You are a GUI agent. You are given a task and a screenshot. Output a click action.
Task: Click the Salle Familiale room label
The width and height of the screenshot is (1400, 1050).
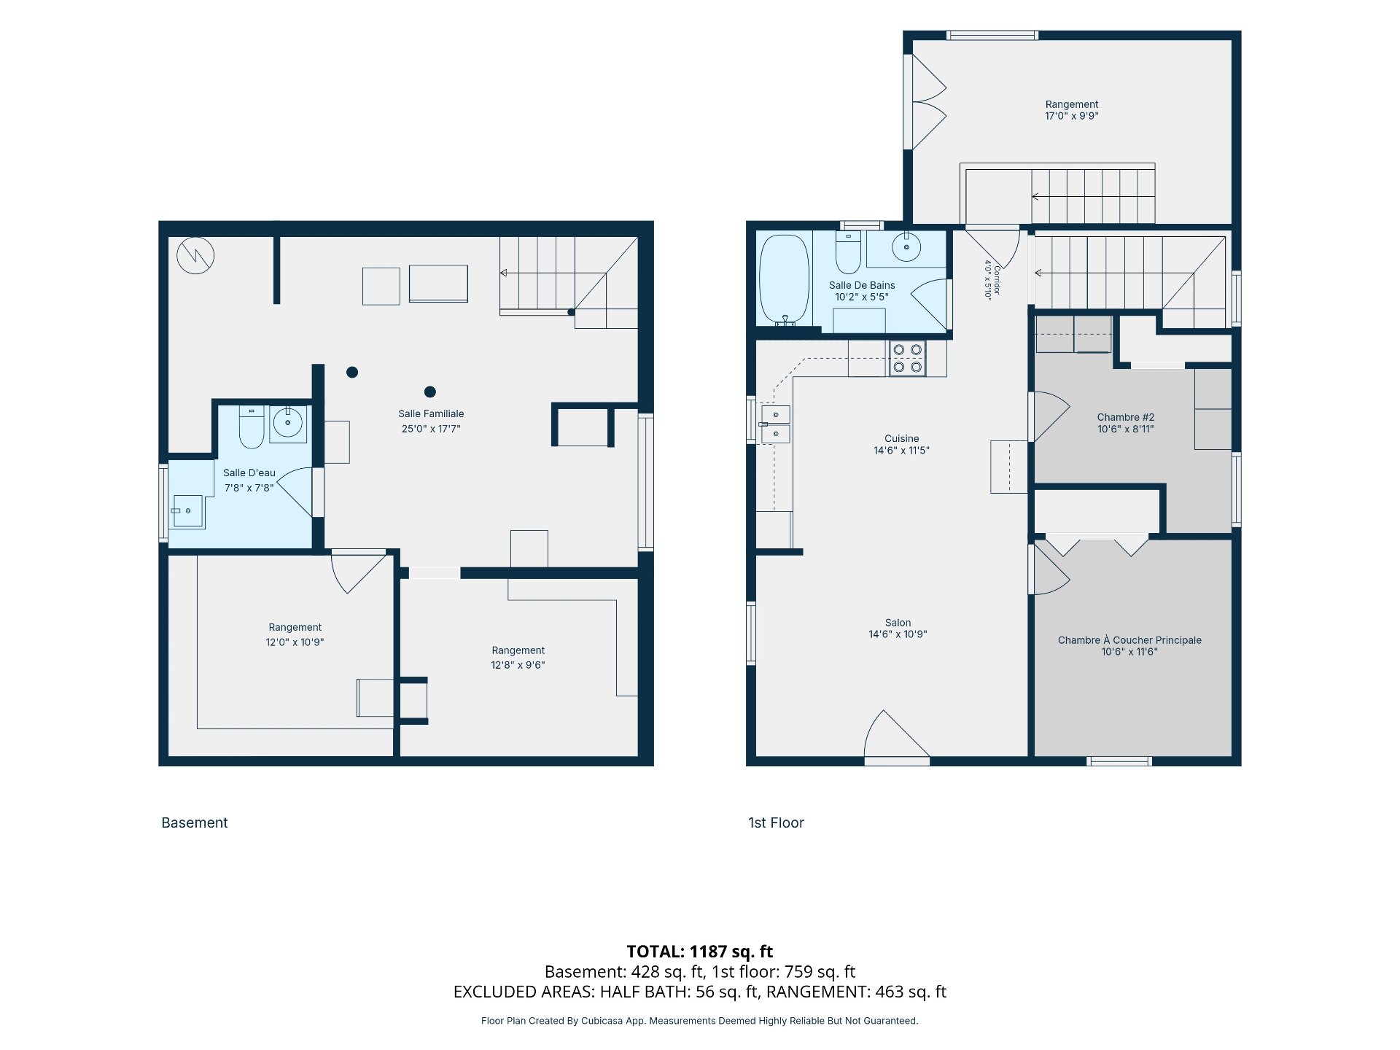pos(431,413)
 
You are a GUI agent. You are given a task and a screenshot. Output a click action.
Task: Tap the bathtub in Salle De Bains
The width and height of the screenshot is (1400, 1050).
pos(785,279)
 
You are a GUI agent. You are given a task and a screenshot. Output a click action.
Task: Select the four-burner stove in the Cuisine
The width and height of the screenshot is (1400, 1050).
pos(907,359)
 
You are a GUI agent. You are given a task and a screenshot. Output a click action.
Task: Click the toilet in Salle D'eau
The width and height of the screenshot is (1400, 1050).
pos(252,427)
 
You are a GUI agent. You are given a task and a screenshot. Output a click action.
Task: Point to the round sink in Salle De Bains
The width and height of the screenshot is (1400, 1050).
pos(906,247)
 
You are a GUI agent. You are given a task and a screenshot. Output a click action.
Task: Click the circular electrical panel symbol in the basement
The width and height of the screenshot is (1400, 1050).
pos(195,255)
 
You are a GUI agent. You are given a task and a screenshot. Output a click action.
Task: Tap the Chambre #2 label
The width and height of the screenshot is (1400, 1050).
pos(1126,417)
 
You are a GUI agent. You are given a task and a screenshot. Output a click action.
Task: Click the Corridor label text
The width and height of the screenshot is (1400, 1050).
pos(997,281)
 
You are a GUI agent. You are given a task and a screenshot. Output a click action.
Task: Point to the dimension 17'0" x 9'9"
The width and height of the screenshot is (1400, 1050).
pos(1072,116)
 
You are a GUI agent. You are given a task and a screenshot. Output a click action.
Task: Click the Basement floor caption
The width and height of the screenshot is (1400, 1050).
pos(195,822)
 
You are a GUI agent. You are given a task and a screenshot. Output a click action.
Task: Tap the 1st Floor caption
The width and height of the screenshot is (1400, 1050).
pos(776,822)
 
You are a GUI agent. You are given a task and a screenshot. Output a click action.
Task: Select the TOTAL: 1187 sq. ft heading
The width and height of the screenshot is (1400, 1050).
pos(700,952)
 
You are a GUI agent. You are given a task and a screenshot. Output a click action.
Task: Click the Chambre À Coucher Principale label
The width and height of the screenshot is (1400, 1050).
pos(1129,640)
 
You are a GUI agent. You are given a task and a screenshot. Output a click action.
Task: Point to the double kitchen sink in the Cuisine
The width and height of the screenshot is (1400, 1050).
pos(775,424)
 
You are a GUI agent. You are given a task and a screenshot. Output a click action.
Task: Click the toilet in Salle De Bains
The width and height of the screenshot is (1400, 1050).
pos(848,252)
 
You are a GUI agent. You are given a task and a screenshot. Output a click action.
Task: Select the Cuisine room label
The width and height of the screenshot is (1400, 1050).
pos(902,438)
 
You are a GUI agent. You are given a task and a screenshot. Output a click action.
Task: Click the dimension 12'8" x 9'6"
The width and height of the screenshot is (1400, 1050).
pos(518,665)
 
